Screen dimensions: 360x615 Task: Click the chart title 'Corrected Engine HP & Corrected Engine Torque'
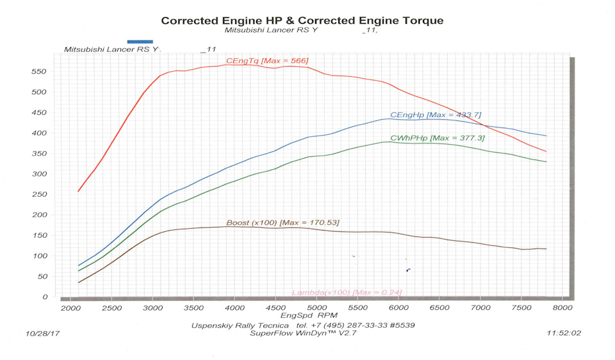coord(302,20)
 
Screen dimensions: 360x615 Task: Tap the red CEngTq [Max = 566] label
coord(267,61)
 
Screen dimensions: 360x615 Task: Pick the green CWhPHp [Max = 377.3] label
coord(441,138)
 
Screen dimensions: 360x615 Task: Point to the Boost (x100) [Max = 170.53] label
coord(283,223)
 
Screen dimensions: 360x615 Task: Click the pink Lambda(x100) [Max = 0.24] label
coord(347,293)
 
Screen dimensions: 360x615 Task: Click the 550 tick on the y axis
coord(40,72)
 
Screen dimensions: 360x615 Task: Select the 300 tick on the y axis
coord(40,174)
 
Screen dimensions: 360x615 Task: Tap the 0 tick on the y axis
coord(45,297)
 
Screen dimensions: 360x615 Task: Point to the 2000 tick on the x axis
coord(70,307)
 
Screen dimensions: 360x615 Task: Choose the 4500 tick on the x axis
coord(275,307)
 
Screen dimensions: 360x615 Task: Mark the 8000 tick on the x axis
coord(562,307)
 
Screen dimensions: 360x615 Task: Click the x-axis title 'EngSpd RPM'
coord(309,316)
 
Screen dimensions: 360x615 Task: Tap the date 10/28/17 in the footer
coord(42,334)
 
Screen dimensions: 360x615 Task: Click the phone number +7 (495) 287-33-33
coord(347,325)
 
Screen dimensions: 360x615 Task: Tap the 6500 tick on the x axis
coord(439,307)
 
